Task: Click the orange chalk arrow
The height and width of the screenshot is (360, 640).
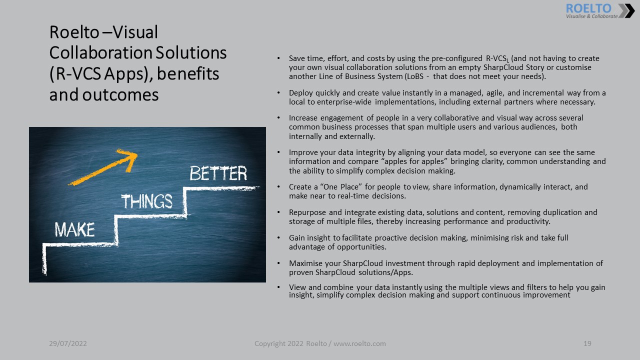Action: click(x=103, y=167)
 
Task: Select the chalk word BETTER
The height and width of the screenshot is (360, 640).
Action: click(x=218, y=173)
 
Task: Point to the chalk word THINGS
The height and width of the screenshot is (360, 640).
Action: click(x=147, y=201)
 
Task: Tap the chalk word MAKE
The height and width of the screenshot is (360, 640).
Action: click(x=74, y=229)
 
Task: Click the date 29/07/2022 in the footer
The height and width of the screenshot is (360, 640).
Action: click(x=68, y=343)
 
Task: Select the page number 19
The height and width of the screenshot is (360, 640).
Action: click(x=587, y=343)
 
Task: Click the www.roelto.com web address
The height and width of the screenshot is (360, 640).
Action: click(x=359, y=343)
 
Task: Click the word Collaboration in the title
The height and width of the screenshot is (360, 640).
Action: click(x=101, y=52)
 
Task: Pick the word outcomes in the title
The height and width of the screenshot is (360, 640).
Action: click(x=120, y=95)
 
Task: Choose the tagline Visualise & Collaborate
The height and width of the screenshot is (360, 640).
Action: click(x=591, y=16)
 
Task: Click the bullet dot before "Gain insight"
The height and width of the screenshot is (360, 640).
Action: click(x=278, y=237)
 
